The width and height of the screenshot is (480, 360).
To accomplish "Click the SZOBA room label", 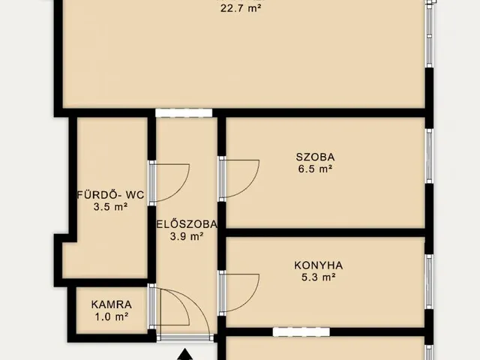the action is pyautogui.click(x=315, y=157).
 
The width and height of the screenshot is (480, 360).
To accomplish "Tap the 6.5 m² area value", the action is pyautogui.click(x=315, y=169).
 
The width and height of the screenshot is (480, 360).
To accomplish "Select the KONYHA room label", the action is pyautogui.click(x=318, y=265).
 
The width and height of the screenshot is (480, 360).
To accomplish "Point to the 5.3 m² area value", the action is pyautogui.click(x=319, y=277).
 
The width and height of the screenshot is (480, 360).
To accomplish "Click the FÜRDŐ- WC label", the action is pyautogui.click(x=110, y=195).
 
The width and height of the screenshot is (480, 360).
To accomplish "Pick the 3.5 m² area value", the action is pyautogui.click(x=110, y=207).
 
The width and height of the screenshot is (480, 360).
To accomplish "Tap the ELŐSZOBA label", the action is pyautogui.click(x=187, y=224).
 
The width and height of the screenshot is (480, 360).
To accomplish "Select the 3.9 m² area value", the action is pyautogui.click(x=187, y=236).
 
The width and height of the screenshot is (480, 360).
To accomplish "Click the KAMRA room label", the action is pyautogui.click(x=112, y=304).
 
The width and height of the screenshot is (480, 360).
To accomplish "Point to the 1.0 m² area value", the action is pyautogui.click(x=112, y=316).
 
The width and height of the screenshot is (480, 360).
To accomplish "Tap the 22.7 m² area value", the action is pyautogui.click(x=241, y=8).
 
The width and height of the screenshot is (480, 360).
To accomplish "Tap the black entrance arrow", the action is pyautogui.click(x=185, y=355).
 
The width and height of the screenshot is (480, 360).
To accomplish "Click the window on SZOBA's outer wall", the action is pyautogui.click(x=429, y=156).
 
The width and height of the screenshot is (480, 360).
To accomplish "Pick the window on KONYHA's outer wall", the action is pyautogui.click(x=429, y=282).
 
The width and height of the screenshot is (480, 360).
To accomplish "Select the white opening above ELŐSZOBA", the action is pyautogui.click(x=184, y=112).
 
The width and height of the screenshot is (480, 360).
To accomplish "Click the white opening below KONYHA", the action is pyautogui.click(x=301, y=331).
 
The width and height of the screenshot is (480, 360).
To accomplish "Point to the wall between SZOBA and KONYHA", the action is pyautogui.click(x=325, y=232).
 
